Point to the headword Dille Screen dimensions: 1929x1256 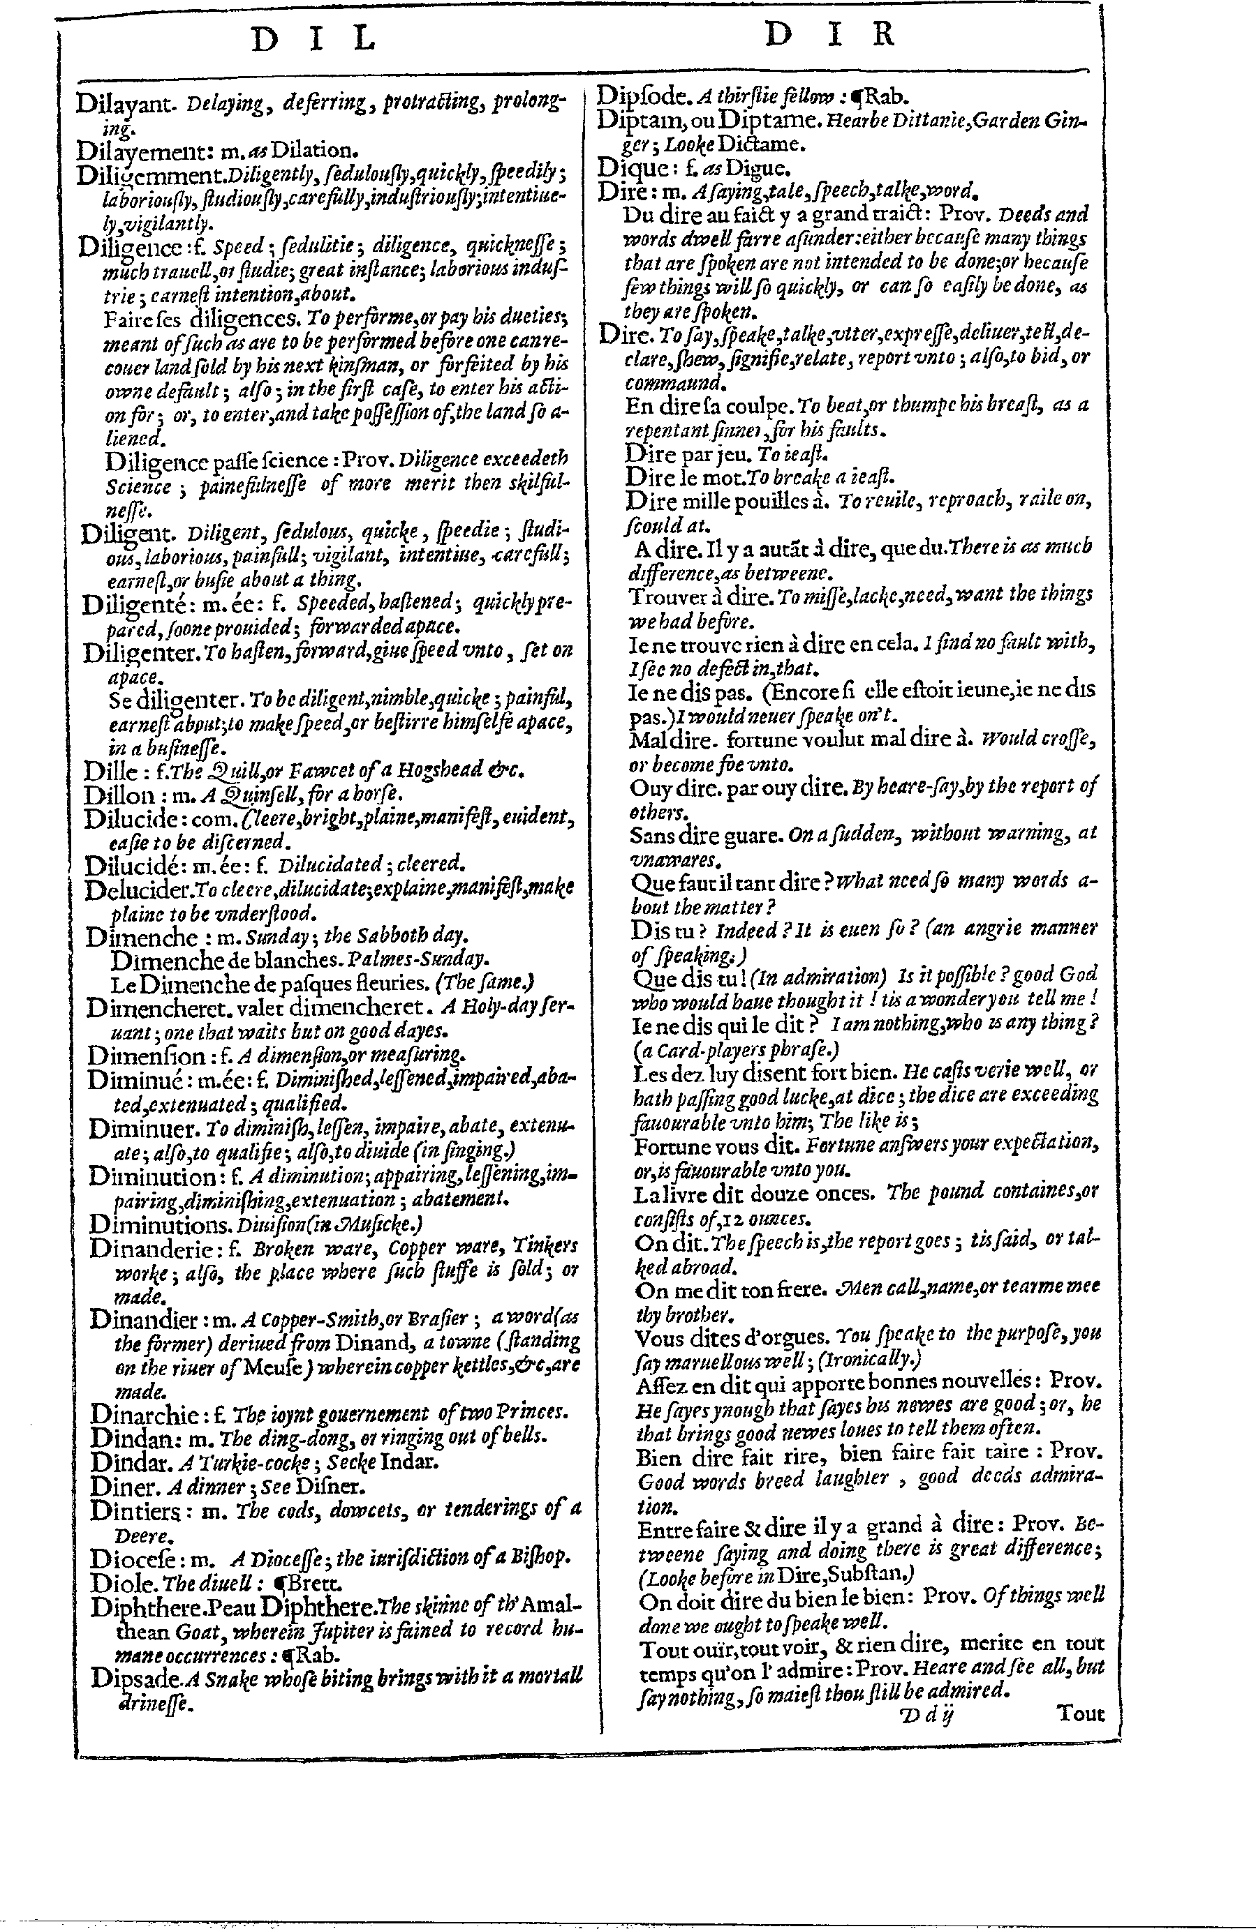click(107, 770)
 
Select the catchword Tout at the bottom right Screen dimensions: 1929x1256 click(1080, 1713)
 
